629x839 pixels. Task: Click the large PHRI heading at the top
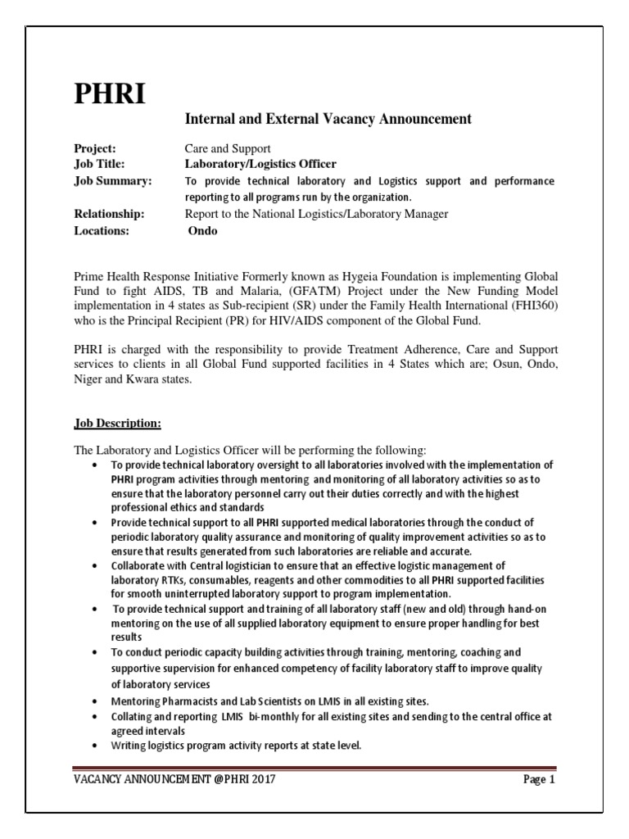coord(110,94)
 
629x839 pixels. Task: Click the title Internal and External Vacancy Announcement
coord(328,120)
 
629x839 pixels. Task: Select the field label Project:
coord(94,148)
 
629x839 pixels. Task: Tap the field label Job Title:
coord(98,164)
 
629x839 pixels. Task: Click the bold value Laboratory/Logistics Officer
coord(260,164)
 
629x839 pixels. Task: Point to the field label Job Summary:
coord(112,180)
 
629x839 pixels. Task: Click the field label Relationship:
coord(108,214)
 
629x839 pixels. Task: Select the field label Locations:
coord(101,231)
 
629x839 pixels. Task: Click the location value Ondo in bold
coord(203,231)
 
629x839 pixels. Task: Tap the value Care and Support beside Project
coord(227,148)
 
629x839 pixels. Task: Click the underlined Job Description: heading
coord(117,424)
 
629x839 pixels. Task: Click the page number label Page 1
coord(539,779)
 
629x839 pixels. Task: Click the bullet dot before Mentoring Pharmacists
coord(98,702)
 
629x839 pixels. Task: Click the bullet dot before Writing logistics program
coord(98,746)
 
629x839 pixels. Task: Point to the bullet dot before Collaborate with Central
coord(98,565)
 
